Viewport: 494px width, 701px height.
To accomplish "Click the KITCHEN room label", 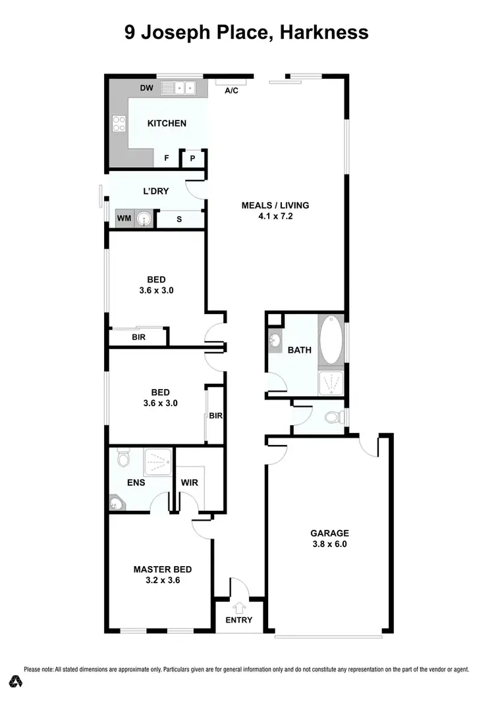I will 166,123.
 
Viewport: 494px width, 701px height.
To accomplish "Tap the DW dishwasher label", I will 146,88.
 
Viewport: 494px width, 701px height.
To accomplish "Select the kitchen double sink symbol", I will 180,87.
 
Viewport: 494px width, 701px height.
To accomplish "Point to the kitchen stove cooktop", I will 119,123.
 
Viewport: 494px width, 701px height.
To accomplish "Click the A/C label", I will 231,91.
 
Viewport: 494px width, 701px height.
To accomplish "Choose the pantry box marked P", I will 193,159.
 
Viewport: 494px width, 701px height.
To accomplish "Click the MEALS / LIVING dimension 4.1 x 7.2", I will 275,216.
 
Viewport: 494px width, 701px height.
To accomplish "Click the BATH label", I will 300,350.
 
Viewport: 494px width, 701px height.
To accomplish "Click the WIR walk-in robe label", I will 190,482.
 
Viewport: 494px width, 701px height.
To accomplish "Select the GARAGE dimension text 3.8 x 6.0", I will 329,544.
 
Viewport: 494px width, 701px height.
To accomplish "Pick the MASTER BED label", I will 163,569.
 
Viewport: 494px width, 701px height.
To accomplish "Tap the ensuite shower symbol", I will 158,461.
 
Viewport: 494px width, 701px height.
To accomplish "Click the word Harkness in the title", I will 324,32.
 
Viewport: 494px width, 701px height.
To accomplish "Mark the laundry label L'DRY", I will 156,192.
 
